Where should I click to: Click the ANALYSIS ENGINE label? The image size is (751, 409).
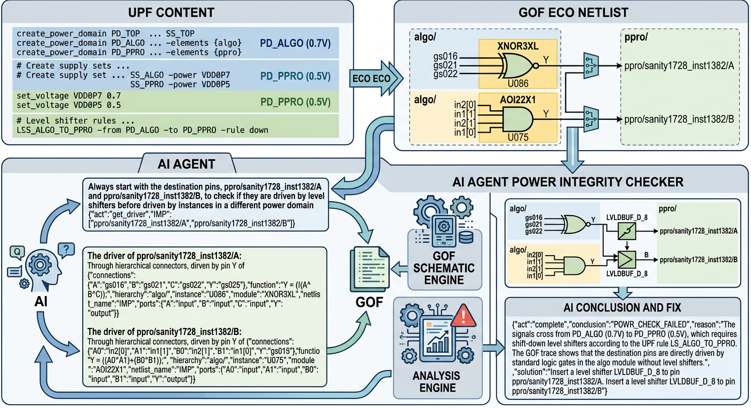(437, 383)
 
